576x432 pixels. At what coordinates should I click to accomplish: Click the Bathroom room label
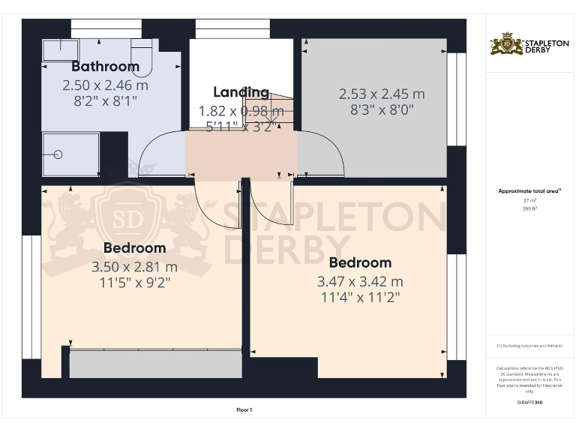105,67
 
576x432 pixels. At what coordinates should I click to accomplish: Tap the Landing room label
241,92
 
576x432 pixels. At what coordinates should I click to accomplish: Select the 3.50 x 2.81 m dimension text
134,266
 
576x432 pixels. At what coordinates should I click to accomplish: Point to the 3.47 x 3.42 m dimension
360,281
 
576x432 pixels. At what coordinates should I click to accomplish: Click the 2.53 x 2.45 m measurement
381,94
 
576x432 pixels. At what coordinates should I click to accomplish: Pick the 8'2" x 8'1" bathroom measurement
100,100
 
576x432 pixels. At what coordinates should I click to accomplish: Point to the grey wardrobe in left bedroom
156,364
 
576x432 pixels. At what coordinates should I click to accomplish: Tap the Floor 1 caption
244,410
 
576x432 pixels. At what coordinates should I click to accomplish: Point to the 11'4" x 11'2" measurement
360,297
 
